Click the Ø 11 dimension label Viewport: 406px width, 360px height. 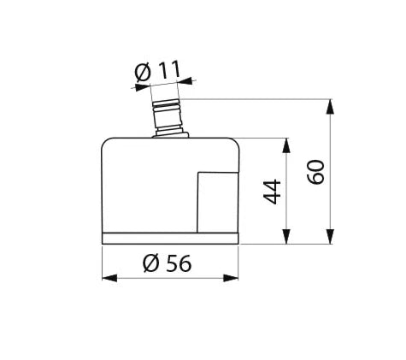tap(157, 71)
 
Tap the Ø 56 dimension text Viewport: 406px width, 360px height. tap(167, 263)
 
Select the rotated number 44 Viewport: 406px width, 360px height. tap(272, 192)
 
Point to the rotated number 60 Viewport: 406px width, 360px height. tap(315, 172)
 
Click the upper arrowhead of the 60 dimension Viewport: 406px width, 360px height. tap(330, 106)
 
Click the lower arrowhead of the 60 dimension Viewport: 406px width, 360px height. tap(330, 236)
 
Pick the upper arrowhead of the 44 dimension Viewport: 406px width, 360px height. tap(286, 145)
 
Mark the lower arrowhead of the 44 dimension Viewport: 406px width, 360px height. tap(286, 236)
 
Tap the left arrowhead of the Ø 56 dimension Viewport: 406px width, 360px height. tap(109, 278)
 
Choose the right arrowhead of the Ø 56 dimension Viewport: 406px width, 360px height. tap(231, 278)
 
